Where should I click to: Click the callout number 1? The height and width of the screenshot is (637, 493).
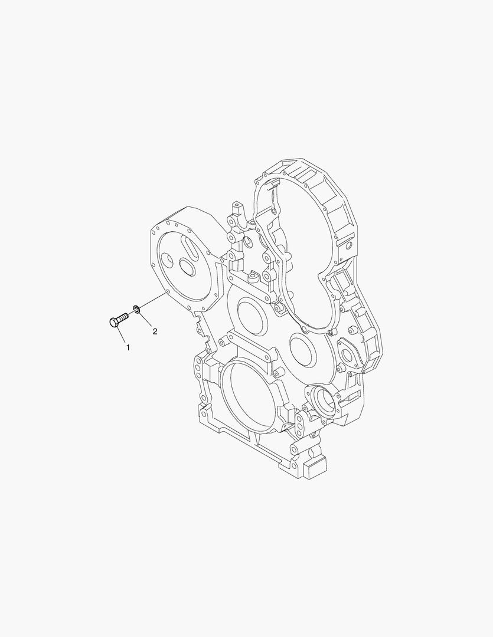point(127,348)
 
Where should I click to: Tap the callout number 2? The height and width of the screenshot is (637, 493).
point(155,331)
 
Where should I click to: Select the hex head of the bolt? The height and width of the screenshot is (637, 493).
point(114,322)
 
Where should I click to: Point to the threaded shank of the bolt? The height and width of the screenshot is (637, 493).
point(123,317)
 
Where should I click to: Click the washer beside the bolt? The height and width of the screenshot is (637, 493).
point(136,308)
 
